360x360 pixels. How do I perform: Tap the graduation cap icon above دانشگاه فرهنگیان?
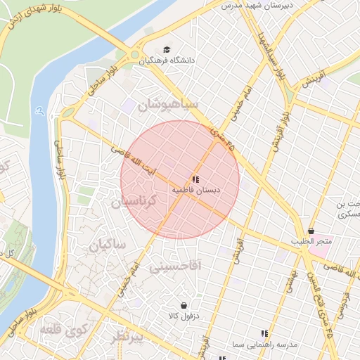click(167, 49)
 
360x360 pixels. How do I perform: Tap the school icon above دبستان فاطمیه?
click(195, 180)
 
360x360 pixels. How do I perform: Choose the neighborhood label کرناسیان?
click(143, 202)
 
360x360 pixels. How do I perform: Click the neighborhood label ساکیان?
click(106, 245)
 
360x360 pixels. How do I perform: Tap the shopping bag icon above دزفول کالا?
click(184, 306)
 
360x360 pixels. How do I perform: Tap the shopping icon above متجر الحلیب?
click(311, 231)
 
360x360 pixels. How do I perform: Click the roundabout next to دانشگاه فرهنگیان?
click(134, 55)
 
